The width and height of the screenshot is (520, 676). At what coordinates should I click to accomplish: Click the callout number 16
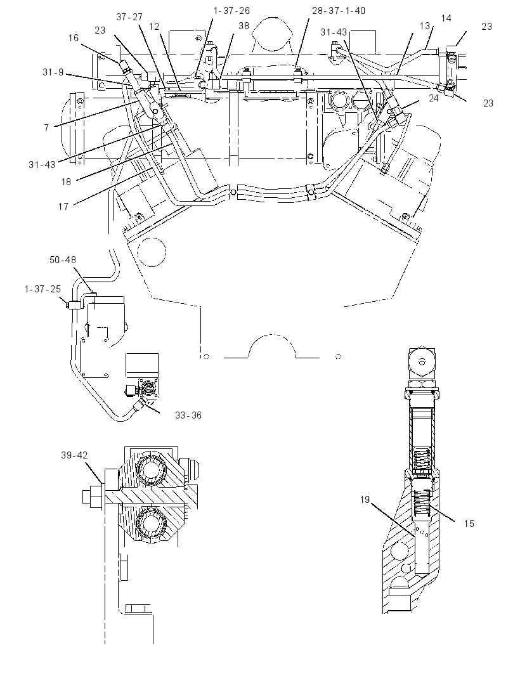74,38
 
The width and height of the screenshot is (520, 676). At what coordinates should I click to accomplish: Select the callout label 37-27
129,17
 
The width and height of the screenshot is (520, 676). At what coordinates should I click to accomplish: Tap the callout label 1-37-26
231,11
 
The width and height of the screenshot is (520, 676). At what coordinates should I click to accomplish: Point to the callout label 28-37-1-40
339,11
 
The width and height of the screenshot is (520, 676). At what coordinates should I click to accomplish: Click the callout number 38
244,26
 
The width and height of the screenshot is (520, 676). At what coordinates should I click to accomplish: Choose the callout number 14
446,18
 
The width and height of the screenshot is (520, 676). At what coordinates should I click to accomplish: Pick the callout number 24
433,98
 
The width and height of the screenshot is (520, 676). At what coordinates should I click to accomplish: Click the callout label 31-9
53,72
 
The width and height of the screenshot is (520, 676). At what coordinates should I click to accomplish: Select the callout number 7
46,127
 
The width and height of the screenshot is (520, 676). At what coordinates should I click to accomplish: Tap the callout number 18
66,182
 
